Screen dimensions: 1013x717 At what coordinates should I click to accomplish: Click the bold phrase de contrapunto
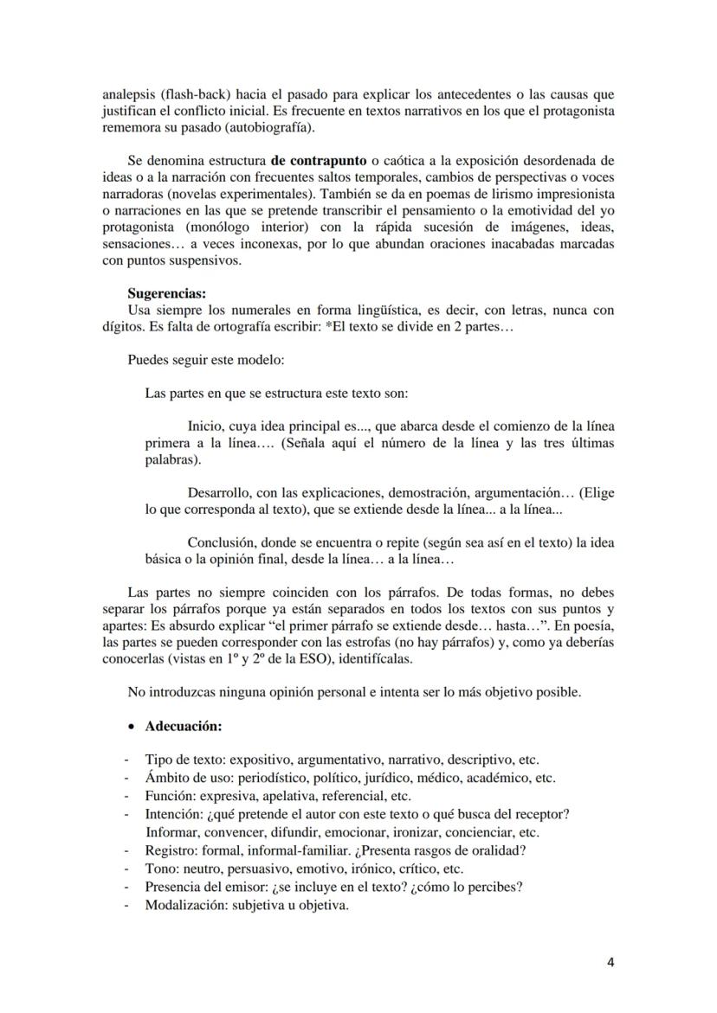(318, 161)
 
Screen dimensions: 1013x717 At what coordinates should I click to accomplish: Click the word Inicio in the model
(205, 425)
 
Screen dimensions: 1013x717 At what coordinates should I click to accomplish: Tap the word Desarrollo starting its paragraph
(219, 492)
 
